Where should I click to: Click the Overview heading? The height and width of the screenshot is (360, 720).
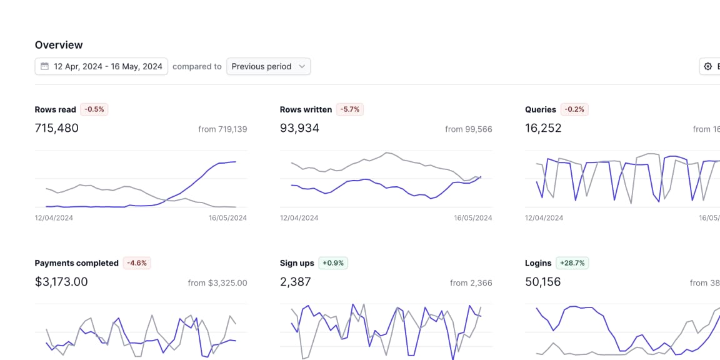[59, 45]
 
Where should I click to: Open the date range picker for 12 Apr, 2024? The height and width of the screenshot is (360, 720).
[101, 66]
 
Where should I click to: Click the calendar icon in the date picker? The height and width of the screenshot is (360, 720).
[45, 66]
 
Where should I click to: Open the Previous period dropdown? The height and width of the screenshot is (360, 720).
[268, 66]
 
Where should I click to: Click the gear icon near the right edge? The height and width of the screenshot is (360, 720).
[708, 66]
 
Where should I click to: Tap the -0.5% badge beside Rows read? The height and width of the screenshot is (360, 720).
[95, 109]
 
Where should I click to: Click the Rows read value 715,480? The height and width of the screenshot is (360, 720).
[57, 128]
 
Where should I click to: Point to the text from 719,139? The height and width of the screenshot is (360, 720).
[222, 129]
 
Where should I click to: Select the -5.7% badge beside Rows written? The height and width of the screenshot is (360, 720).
[350, 109]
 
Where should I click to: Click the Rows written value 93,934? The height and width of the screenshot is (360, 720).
[299, 128]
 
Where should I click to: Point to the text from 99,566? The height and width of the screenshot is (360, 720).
[468, 129]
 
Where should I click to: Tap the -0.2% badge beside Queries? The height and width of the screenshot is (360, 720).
[574, 109]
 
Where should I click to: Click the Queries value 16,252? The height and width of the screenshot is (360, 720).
[543, 128]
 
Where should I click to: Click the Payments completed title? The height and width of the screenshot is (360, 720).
[76, 263]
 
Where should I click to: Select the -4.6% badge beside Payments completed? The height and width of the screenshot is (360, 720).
[137, 263]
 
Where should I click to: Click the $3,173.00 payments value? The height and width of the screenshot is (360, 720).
[61, 282]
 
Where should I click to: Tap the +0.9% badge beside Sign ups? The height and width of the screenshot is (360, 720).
[333, 263]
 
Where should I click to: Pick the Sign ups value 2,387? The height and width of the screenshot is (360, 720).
[295, 282]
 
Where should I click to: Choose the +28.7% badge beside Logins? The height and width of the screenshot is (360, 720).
[572, 263]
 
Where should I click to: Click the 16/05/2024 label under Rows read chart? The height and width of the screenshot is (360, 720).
[227, 218]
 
